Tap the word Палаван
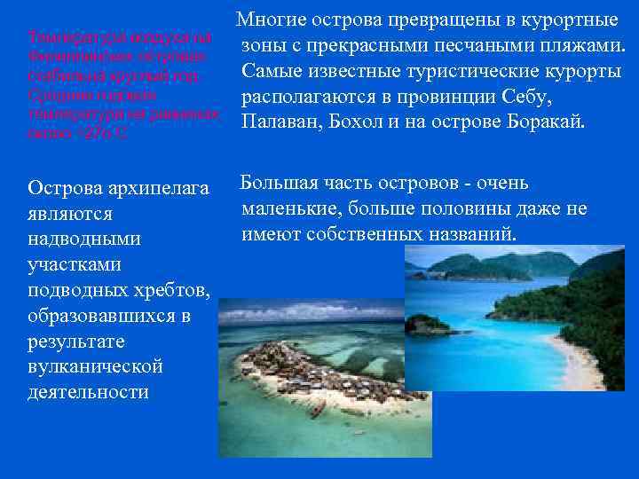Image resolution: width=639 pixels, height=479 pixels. (277, 121)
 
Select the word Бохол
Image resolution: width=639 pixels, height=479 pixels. (358, 121)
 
